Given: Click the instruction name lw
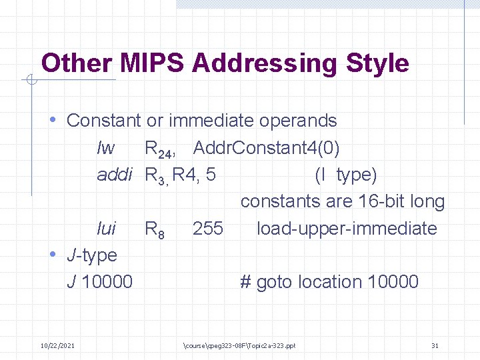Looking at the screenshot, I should coord(105,147).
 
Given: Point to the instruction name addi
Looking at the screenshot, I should coord(116,175).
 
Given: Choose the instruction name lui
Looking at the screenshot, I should coord(107,228).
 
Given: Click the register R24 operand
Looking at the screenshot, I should coord(159,149).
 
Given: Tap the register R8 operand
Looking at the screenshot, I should coord(154,229).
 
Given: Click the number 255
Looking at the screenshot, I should coord(207,228).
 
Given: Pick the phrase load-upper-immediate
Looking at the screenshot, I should coord(347,228).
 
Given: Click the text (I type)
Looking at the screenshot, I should coord(345,175).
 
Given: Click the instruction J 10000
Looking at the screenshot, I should coord(100,282).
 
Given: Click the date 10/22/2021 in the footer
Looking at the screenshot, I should coord(57,345).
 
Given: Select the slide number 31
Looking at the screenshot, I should coord(435,345).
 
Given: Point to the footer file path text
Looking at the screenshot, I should coord(239,345).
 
